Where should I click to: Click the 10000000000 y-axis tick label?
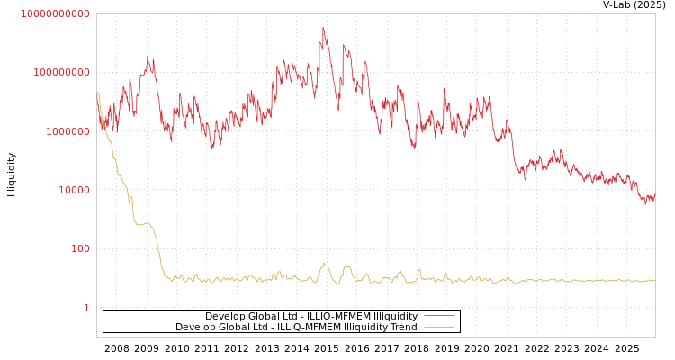(56, 13)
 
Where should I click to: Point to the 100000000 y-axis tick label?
(62, 72)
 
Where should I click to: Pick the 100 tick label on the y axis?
(80, 248)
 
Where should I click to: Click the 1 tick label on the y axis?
(86, 308)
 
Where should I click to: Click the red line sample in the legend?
(438, 316)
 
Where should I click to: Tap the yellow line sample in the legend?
(438, 328)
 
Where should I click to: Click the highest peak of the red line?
(323, 28)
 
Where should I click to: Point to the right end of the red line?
(654, 197)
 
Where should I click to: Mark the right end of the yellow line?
(654, 281)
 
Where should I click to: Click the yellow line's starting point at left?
(97, 93)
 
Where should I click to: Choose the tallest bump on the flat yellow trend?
(324, 264)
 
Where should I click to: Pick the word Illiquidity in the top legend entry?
(395, 316)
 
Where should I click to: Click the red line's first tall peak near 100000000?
(149, 58)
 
